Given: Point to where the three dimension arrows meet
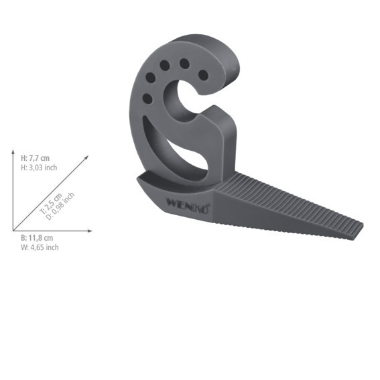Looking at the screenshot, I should [x=13, y=231].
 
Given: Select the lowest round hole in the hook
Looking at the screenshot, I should [x=147, y=99].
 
